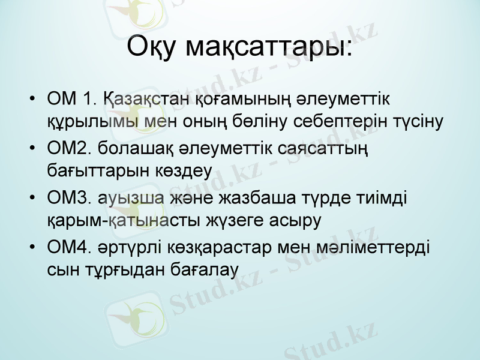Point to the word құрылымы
(96, 122)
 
